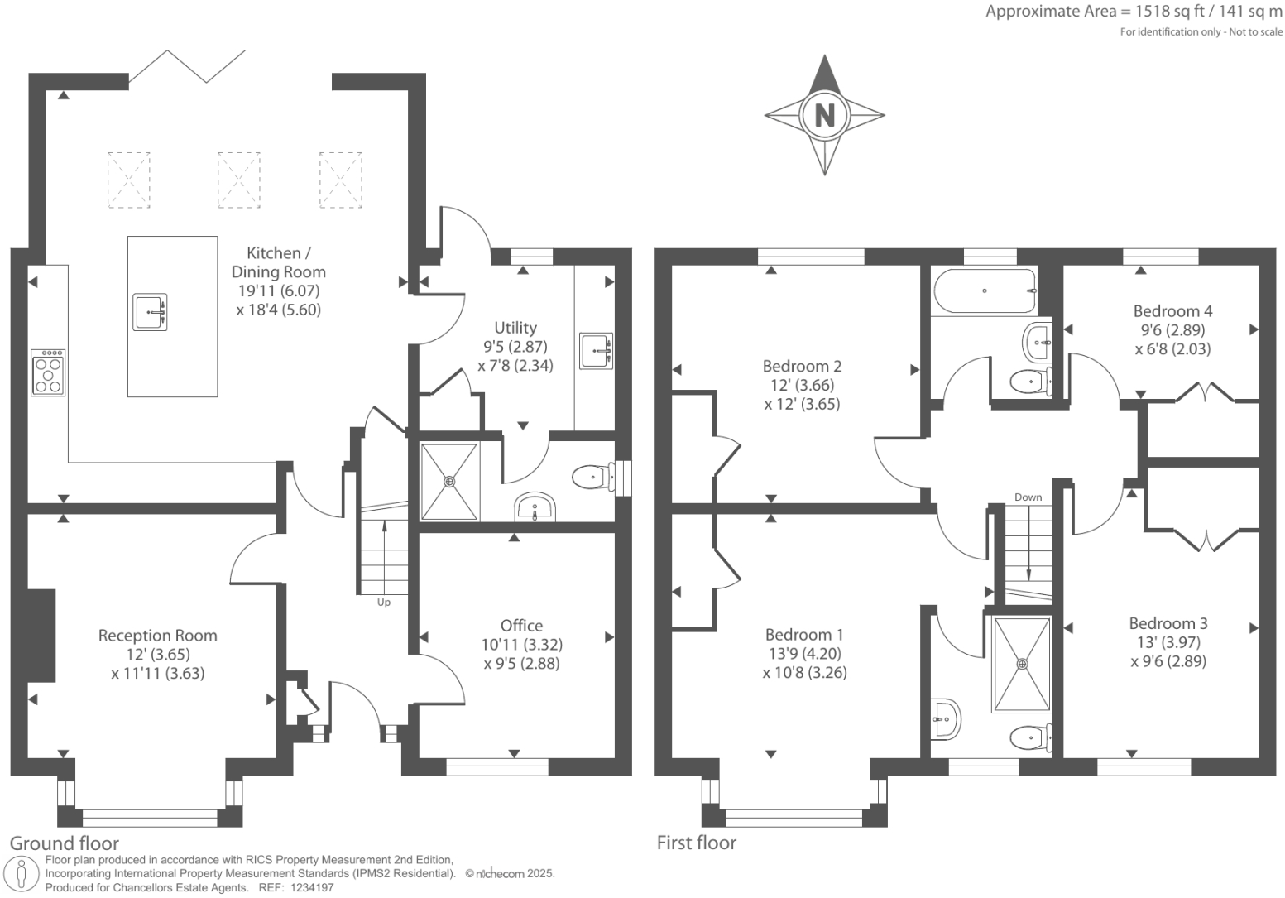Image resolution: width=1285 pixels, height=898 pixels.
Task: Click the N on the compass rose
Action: tap(824, 115)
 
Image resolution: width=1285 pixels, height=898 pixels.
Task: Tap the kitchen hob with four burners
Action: tap(48, 372)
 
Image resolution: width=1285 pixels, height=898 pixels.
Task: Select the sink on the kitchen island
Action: tap(151, 312)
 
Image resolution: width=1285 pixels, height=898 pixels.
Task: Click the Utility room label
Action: tap(515, 328)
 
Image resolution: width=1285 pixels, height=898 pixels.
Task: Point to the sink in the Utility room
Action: tap(596, 351)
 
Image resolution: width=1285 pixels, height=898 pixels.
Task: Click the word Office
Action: tap(521, 626)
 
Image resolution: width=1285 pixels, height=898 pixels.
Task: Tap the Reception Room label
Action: tap(158, 635)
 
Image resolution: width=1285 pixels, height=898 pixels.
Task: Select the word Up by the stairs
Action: tap(384, 602)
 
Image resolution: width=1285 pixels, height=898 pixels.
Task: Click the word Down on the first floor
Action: tap(1028, 497)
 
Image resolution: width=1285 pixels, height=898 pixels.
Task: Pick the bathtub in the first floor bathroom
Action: tap(985, 291)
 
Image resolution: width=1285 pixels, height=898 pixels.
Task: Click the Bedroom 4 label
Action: tap(1172, 311)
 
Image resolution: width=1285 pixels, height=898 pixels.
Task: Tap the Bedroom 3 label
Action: tap(1168, 623)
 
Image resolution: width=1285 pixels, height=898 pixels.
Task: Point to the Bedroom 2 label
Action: tap(802, 366)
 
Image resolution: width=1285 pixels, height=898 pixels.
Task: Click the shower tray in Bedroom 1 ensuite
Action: tap(1022, 665)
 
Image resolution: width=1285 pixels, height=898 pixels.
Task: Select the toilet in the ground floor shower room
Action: tap(594, 477)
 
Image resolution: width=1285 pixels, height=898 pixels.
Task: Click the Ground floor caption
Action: tap(65, 843)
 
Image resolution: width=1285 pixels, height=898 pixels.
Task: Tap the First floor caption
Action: tap(697, 843)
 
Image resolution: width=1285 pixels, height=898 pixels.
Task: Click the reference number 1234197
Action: tap(312, 888)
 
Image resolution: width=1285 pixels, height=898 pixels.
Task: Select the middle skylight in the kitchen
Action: tap(238, 180)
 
